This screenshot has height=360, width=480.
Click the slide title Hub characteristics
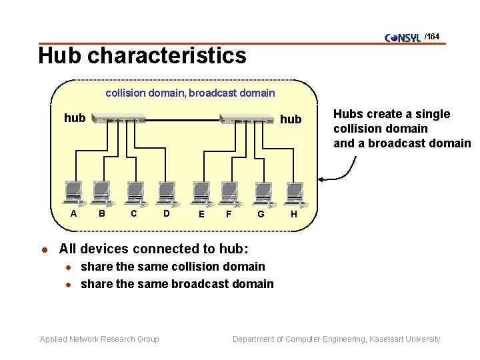pyautogui.click(x=142, y=55)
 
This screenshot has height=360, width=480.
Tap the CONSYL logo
pyautogui.click(x=403, y=37)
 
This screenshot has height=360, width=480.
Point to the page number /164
pyautogui.click(x=432, y=37)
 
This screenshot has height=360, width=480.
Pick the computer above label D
pyautogui.click(x=167, y=193)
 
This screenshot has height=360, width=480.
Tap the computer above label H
pyautogui.click(x=294, y=193)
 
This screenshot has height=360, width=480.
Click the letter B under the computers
pyautogui.click(x=102, y=213)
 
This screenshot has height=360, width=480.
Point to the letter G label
pyautogui.click(x=261, y=214)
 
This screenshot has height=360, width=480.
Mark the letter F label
pyautogui.click(x=229, y=214)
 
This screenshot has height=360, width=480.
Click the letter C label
pyautogui.click(x=134, y=213)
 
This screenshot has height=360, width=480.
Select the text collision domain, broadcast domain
pyautogui.click(x=190, y=93)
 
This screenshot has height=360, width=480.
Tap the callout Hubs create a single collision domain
pyautogui.click(x=401, y=128)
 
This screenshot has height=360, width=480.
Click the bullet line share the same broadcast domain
pyautogui.click(x=177, y=284)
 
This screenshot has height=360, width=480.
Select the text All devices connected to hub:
pyautogui.click(x=153, y=249)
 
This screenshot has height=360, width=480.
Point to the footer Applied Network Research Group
pyautogui.click(x=99, y=339)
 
